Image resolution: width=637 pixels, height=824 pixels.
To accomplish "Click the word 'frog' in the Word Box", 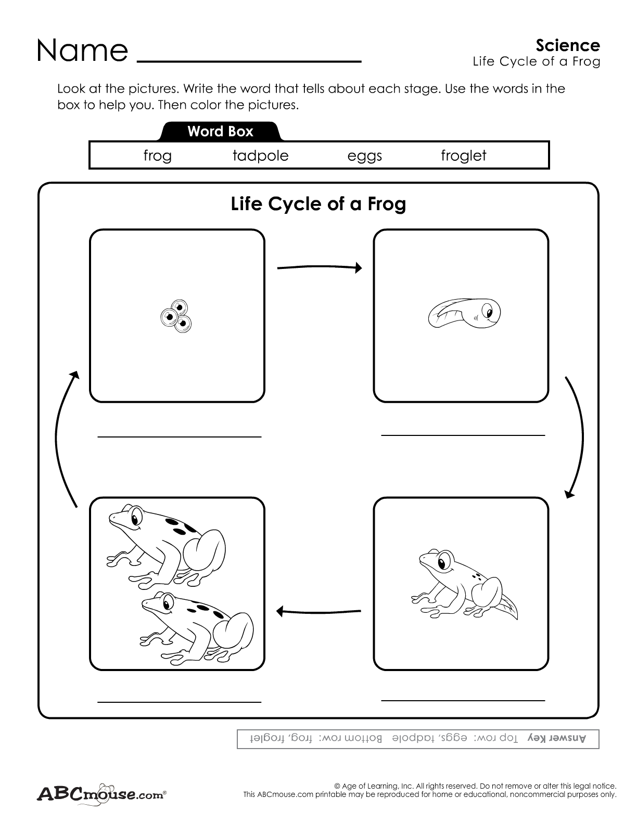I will [157, 156].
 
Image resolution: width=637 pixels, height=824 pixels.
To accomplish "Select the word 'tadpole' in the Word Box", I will [260, 156].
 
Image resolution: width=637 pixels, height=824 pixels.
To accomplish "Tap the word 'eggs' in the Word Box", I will [364, 156].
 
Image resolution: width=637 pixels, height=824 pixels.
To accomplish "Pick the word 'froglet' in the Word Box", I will [463, 156].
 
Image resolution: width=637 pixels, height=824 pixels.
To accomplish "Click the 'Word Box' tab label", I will [220, 131].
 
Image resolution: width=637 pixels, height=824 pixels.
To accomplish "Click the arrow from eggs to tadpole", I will [319, 268].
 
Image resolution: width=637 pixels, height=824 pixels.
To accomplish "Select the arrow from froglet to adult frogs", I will [318, 611].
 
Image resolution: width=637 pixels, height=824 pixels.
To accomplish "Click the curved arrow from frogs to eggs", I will [62, 437].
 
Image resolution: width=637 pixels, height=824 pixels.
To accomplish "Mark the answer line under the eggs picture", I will [179, 436].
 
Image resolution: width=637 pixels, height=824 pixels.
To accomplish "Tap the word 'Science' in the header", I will [568, 45].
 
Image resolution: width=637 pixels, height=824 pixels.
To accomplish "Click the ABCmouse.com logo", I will [101, 794].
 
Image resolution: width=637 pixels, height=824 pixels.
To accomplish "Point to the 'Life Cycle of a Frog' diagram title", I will [318, 203].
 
